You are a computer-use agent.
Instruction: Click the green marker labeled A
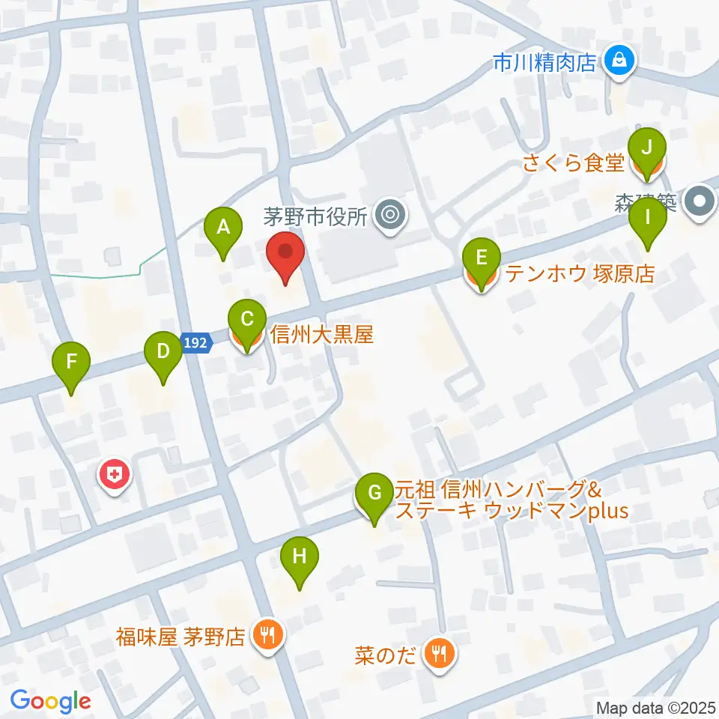[222, 227]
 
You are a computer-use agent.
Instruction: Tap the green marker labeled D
[163, 351]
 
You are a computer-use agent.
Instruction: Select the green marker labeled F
[71, 362]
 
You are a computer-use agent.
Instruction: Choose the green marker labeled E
[482, 259]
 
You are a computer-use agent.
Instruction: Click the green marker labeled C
[246, 321]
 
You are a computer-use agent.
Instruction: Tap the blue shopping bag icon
[619, 59]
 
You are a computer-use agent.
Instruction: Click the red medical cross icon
[115, 474]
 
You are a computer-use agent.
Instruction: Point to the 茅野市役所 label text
[315, 217]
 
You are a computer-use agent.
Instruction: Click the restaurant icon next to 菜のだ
[437, 654]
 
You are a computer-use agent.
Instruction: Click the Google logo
[50, 701]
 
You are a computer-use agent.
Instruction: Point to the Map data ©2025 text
[656, 707]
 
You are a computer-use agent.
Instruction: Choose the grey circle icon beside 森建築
[700, 201]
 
